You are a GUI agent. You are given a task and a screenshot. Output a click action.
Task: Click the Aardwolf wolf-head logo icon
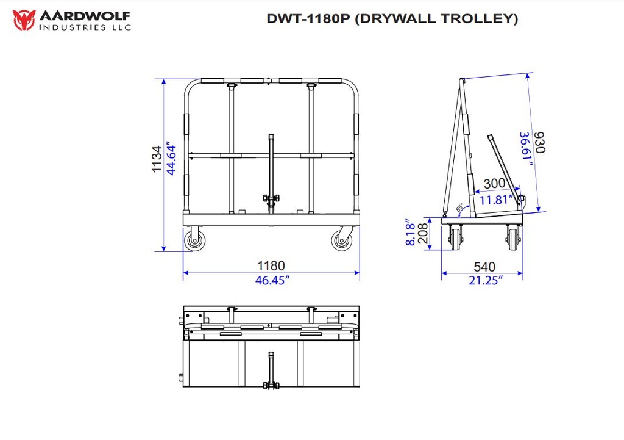click(x=23, y=20)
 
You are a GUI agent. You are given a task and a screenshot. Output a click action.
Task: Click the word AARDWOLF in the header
click(x=84, y=15)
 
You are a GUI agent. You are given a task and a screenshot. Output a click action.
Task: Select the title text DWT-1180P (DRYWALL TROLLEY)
click(x=392, y=19)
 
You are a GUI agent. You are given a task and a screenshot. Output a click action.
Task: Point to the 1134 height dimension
click(x=157, y=159)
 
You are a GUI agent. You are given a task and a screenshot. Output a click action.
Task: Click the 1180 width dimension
click(x=271, y=266)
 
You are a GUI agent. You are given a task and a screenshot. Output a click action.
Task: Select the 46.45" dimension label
click(x=271, y=280)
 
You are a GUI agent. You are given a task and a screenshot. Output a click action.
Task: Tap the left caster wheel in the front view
click(x=196, y=239)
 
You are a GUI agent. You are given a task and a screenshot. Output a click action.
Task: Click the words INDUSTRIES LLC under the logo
click(x=84, y=27)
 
